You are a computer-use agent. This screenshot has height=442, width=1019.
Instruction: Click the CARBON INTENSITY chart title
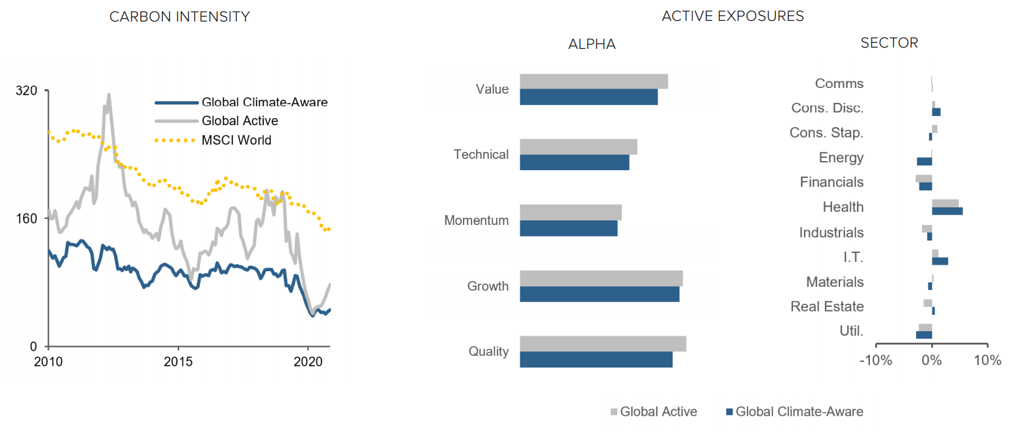[x=179, y=17]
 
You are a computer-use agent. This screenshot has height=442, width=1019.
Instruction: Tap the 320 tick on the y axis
[x=27, y=91]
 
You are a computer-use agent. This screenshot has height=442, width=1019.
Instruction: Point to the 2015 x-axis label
[x=178, y=362]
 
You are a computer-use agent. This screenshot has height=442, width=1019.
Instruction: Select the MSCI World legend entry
[x=214, y=140]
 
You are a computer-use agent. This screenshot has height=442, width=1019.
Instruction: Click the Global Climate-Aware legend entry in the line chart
[x=241, y=102]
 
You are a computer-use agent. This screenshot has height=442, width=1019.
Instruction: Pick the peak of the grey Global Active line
[x=109, y=95]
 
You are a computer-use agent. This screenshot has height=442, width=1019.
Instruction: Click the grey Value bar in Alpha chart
[x=594, y=81]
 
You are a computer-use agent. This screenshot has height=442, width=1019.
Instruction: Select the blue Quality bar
[x=596, y=359]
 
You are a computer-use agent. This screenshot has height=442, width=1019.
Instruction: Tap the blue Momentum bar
[x=568, y=228]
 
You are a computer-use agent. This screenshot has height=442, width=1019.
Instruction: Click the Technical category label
[x=481, y=155]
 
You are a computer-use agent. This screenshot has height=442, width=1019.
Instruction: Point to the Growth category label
[x=488, y=286]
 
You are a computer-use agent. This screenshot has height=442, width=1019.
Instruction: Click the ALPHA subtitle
[x=592, y=44]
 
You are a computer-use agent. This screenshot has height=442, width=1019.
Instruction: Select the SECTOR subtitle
[x=889, y=43]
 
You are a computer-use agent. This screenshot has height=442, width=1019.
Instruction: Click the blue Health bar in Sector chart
[x=947, y=211]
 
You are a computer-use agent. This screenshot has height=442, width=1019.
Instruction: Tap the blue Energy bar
[x=925, y=161]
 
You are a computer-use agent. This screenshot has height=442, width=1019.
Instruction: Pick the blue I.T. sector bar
[x=940, y=261]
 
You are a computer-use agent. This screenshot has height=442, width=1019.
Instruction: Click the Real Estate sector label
[x=827, y=306]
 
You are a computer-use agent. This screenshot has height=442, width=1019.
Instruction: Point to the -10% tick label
[x=876, y=361]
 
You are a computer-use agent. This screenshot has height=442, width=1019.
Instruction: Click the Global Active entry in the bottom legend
[x=654, y=411]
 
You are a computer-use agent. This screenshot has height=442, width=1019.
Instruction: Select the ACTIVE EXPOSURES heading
[x=733, y=16]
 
